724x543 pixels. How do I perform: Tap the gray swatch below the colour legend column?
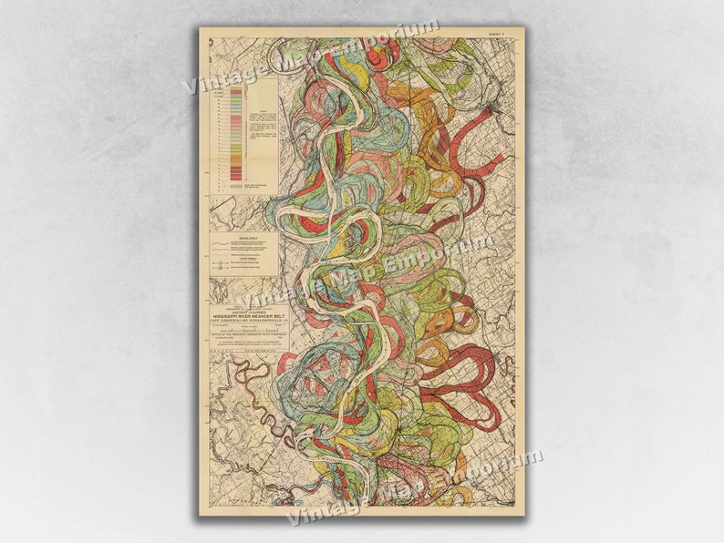coord(236,184)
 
